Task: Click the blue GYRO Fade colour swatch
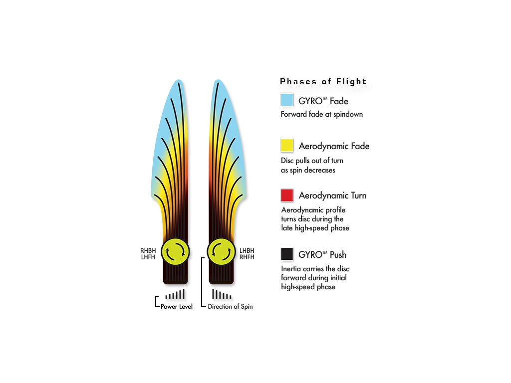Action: (x=287, y=100)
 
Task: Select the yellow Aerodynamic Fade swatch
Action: (x=287, y=145)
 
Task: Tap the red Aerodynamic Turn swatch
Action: (x=287, y=195)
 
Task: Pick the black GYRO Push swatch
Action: (x=287, y=254)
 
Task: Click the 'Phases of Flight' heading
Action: (x=323, y=82)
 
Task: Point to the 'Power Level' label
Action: (x=176, y=307)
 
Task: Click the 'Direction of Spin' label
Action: (x=230, y=307)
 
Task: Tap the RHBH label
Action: (x=148, y=250)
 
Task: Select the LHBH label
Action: (x=247, y=250)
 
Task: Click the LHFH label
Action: (x=148, y=257)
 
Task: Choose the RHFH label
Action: (x=247, y=257)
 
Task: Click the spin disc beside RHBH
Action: (x=175, y=252)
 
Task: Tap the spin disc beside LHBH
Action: (x=221, y=252)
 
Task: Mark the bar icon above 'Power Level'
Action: (x=175, y=294)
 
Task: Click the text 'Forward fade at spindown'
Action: (x=322, y=114)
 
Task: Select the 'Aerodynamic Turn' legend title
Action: (x=333, y=195)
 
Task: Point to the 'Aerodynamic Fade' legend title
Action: (x=334, y=146)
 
